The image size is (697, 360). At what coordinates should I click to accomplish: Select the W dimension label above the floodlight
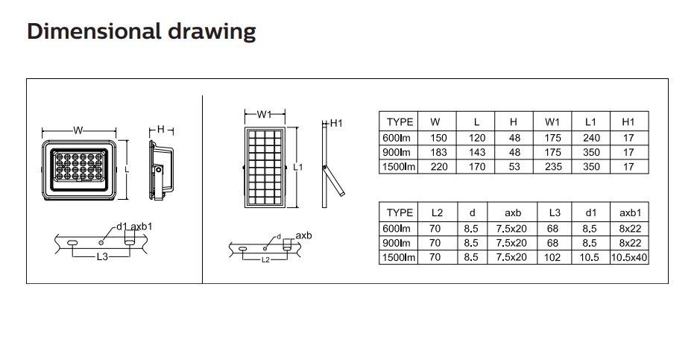click(x=78, y=130)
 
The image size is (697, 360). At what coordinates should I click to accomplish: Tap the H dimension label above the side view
click(x=161, y=130)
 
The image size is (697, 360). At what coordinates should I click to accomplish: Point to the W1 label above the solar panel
click(x=264, y=114)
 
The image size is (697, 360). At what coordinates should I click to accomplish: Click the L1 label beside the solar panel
click(x=298, y=167)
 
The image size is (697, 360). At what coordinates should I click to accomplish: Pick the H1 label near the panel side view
click(x=336, y=123)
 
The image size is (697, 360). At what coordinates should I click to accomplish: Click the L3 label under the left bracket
click(x=102, y=257)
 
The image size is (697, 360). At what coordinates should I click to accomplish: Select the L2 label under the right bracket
click(x=265, y=260)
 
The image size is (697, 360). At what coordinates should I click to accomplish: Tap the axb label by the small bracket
click(x=303, y=235)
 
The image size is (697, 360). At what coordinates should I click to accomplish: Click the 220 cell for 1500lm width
click(x=438, y=167)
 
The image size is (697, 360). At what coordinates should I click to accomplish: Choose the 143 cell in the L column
click(x=476, y=153)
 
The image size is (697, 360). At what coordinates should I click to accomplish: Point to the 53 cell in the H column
click(x=514, y=167)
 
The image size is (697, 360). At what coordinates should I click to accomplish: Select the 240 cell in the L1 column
click(x=591, y=138)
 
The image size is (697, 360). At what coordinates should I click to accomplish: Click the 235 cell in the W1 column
click(x=553, y=167)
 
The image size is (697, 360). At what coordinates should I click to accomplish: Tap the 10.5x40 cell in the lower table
click(x=629, y=257)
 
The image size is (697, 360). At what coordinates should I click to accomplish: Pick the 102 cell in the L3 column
click(x=552, y=257)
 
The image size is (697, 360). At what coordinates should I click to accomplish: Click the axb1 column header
click(x=630, y=213)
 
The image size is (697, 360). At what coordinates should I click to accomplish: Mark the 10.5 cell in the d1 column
click(x=590, y=257)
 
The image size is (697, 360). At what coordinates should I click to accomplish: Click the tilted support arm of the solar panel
click(x=334, y=181)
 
